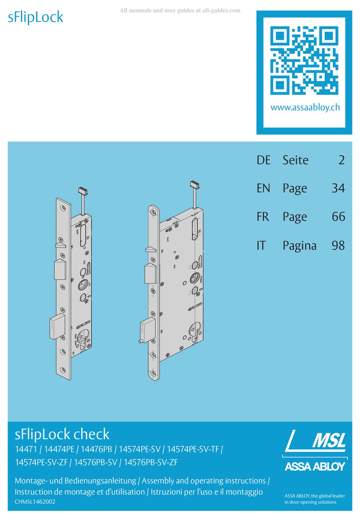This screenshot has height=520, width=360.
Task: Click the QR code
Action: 304,61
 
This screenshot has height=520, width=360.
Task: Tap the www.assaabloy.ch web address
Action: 305,107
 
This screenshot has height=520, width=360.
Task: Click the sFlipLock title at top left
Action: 36,17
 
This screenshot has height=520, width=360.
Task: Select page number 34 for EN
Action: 338,188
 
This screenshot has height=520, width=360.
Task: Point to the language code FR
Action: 263,217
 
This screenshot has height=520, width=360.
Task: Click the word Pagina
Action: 299,246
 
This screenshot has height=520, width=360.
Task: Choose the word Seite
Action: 296,160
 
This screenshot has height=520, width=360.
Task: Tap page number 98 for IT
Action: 338,246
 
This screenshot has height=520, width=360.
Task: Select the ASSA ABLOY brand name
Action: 315,467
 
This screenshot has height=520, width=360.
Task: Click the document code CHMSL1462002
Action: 35,502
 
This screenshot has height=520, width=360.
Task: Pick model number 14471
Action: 26,450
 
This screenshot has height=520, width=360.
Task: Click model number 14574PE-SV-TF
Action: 193,450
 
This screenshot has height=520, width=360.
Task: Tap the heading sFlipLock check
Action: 62,434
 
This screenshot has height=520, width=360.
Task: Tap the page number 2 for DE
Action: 341,160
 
